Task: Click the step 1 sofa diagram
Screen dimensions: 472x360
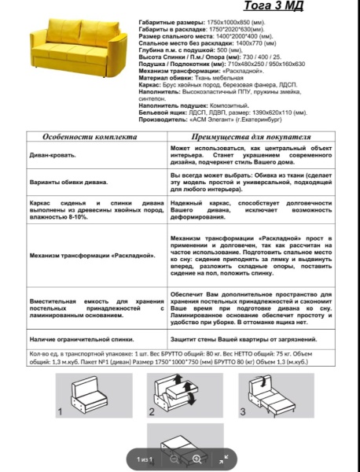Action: tap(87, 396)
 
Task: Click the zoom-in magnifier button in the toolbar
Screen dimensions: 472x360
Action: tap(197, 459)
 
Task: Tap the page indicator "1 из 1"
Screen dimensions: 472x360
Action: tap(144, 459)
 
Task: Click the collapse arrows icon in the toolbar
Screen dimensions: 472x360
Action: tap(223, 459)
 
